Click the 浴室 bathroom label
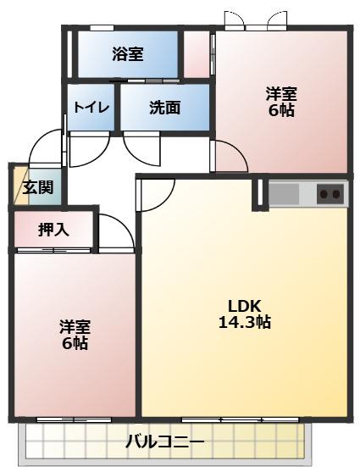click(128, 54)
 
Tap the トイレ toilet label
click(91, 107)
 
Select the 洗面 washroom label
click(165, 107)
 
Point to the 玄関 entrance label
click(38, 187)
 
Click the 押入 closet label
click(54, 230)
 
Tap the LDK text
click(244, 307)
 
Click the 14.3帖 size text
click(245, 322)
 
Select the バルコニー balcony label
click(165, 441)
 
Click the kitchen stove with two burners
click(330, 194)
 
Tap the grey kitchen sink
click(284, 193)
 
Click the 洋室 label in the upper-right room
click(281, 94)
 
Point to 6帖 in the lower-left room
click(75, 343)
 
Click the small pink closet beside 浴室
click(197, 54)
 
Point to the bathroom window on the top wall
click(102, 28)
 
